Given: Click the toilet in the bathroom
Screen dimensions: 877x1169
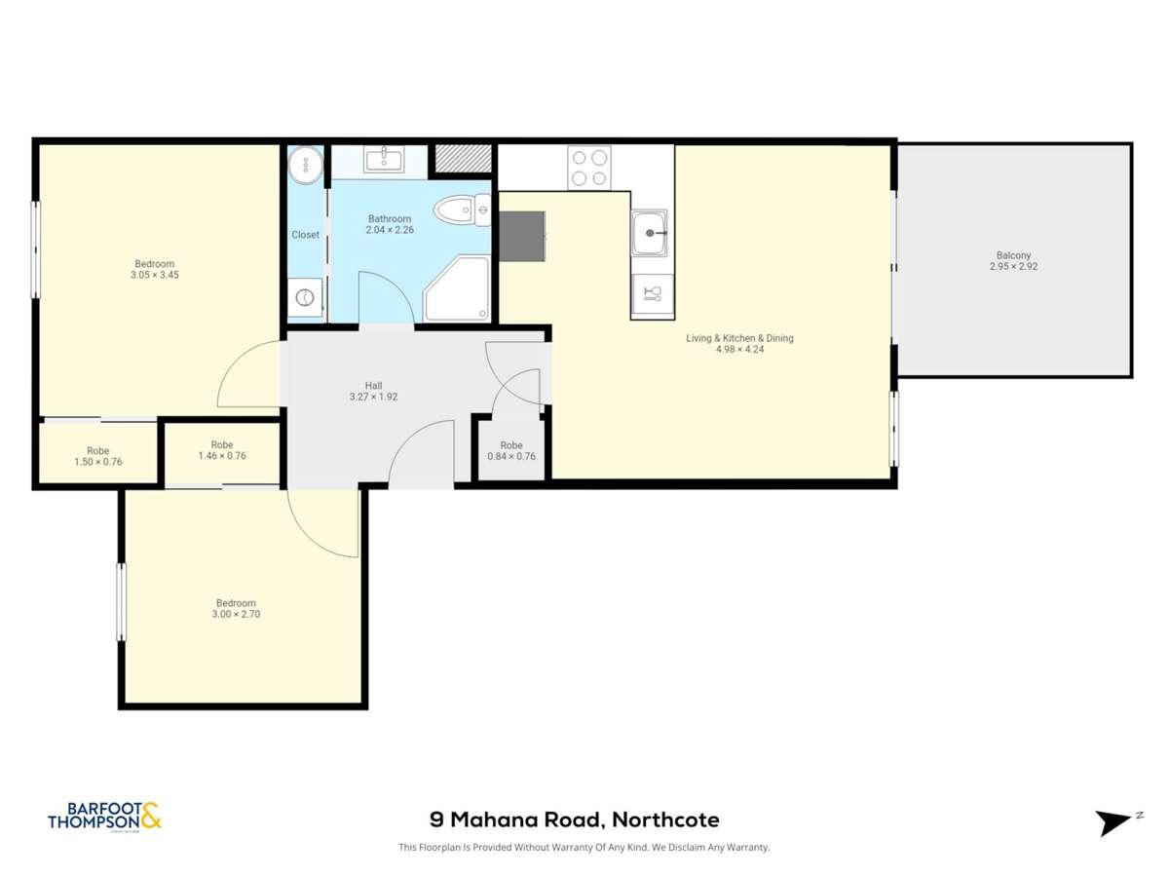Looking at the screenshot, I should click(462, 210).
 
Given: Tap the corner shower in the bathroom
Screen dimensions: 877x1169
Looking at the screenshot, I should click(456, 289).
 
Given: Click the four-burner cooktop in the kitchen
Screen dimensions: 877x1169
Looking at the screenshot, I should click(589, 166).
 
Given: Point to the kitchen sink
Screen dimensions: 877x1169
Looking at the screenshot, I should click(651, 233).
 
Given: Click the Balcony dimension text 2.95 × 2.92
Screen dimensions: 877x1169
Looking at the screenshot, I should click(1013, 266).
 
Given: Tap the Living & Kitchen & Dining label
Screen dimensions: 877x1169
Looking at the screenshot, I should click(739, 338).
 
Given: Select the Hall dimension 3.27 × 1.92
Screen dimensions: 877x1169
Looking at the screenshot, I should click(373, 397).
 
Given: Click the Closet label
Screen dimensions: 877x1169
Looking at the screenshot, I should click(306, 235).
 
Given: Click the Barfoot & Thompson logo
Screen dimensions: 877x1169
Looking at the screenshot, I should click(104, 817).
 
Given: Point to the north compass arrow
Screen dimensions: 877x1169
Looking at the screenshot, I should click(1114, 822).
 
